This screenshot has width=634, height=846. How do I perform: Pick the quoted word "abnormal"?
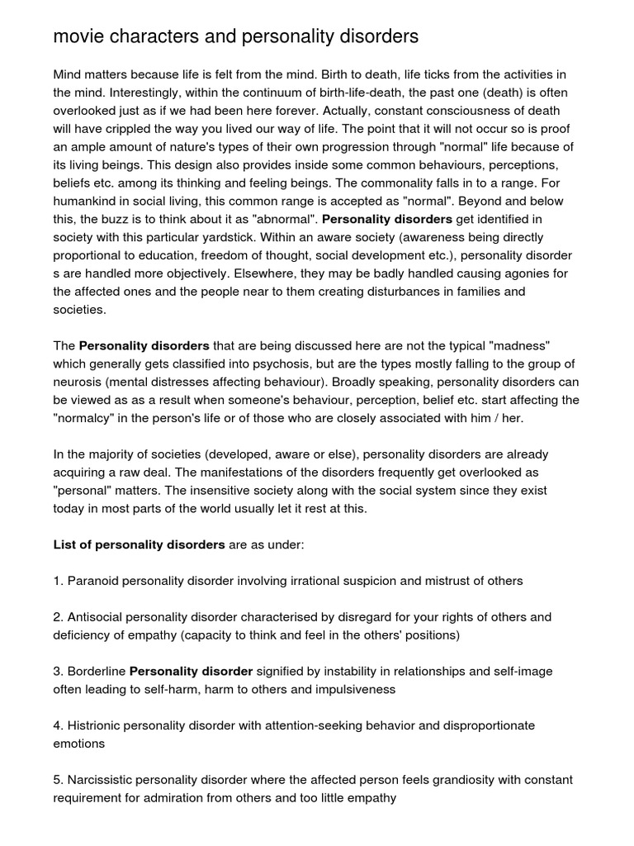[x=278, y=219]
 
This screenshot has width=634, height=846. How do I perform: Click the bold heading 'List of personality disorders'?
[x=139, y=544]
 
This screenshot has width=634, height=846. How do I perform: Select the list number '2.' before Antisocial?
[x=59, y=617]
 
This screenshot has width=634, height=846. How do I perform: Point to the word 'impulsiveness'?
[x=357, y=689]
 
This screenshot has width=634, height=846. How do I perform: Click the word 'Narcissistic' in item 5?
[x=102, y=780]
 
